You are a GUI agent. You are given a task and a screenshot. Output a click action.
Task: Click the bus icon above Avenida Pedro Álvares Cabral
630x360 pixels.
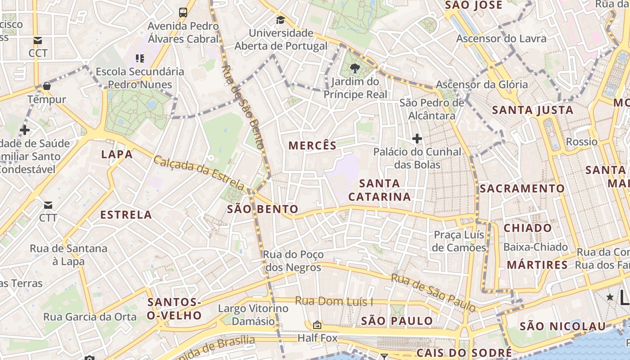[x=183, y=12]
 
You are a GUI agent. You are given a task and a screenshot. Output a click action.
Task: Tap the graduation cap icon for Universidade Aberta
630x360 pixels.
[x=280, y=20]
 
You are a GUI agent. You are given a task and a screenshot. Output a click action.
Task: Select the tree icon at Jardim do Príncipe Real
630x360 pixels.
[x=355, y=68]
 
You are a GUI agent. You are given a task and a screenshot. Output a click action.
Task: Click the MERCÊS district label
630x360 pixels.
[x=312, y=145]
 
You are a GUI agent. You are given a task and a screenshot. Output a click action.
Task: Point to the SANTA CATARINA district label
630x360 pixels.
[x=379, y=190]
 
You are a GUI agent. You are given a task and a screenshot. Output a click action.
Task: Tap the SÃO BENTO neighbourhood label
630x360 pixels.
[x=262, y=209]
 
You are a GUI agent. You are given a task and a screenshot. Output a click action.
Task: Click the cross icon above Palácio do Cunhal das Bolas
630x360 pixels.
[x=417, y=139]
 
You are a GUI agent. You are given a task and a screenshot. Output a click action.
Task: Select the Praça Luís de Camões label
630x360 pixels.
[x=459, y=241]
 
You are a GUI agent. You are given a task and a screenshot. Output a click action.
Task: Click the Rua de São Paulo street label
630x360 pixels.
[x=433, y=293]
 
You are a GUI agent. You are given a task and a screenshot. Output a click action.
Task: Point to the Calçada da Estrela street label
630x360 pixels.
[x=199, y=173]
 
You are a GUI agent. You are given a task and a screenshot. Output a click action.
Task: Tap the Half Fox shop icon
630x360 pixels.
[x=317, y=325]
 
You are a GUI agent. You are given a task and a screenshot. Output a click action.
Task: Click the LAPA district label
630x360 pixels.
[x=117, y=154]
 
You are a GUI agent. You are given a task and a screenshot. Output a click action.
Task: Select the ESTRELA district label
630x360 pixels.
[x=126, y=215]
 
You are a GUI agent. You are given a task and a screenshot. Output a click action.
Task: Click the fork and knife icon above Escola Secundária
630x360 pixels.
[x=139, y=58]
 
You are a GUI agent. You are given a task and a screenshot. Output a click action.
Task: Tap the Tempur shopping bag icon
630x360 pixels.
[x=47, y=86]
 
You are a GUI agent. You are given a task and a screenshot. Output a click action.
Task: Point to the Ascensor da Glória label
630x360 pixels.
[x=481, y=84]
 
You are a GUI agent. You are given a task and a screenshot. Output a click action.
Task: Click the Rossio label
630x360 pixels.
[x=581, y=142]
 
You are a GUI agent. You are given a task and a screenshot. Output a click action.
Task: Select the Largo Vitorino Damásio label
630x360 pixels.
[x=253, y=315]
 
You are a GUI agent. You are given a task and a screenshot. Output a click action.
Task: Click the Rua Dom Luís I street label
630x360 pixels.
[x=334, y=301]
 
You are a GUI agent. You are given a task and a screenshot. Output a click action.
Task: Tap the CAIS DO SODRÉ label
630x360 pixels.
[x=464, y=352]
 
